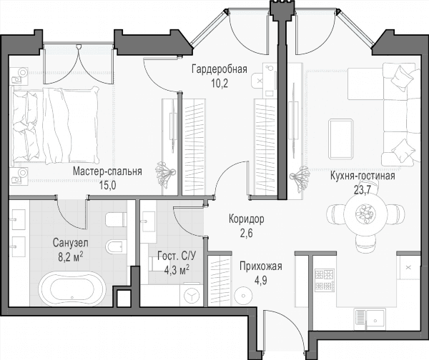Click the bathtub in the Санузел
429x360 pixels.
click(x=72, y=289)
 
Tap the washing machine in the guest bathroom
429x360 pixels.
click(x=192, y=295)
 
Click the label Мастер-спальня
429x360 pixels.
click(x=107, y=171)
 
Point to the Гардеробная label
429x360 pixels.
click(x=220, y=69)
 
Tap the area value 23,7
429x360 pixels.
click(x=363, y=190)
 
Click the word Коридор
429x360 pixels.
click(x=247, y=219)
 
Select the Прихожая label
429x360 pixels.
click(x=261, y=266)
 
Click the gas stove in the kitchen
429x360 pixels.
click(x=325, y=280)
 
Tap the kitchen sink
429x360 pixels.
click(x=370, y=319)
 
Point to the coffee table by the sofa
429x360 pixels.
click(x=340, y=139)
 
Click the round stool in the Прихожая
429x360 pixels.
click(x=243, y=296)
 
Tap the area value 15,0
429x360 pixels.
click(x=107, y=186)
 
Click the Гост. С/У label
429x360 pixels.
click(x=177, y=256)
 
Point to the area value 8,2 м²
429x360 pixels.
click(x=71, y=257)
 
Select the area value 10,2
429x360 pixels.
click(x=220, y=84)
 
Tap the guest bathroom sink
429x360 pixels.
click(x=148, y=221)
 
